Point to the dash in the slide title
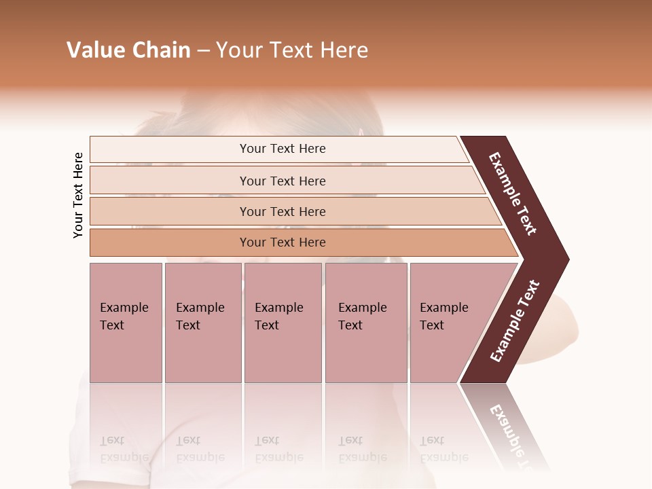(203, 51)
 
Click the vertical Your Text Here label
(78, 196)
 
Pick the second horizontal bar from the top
(283, 181)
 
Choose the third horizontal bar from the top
(283, 211)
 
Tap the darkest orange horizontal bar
(283, 242)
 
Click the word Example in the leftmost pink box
(124, 308)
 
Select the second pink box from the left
(202, 323)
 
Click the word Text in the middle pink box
(266, 325)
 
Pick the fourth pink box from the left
(366, 323)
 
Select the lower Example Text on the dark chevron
(514, 321)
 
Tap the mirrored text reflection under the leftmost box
(124, 449)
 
